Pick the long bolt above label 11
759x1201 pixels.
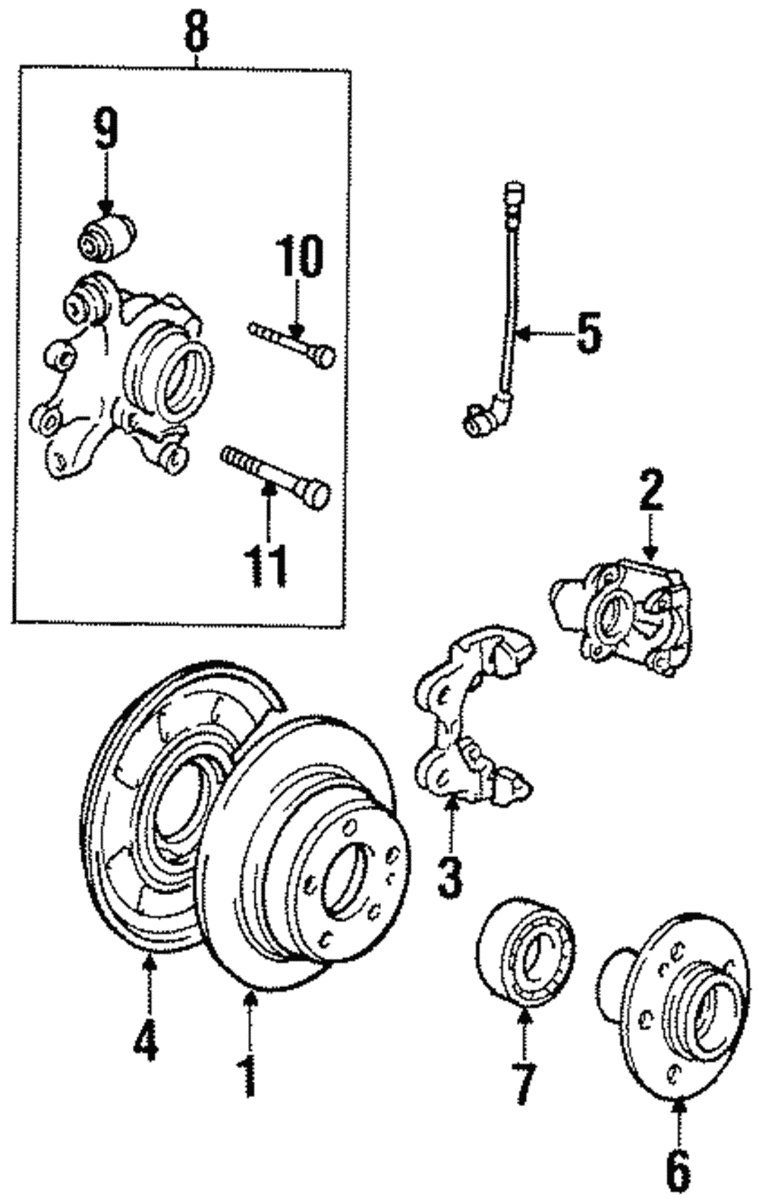click(x=274, y=472)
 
